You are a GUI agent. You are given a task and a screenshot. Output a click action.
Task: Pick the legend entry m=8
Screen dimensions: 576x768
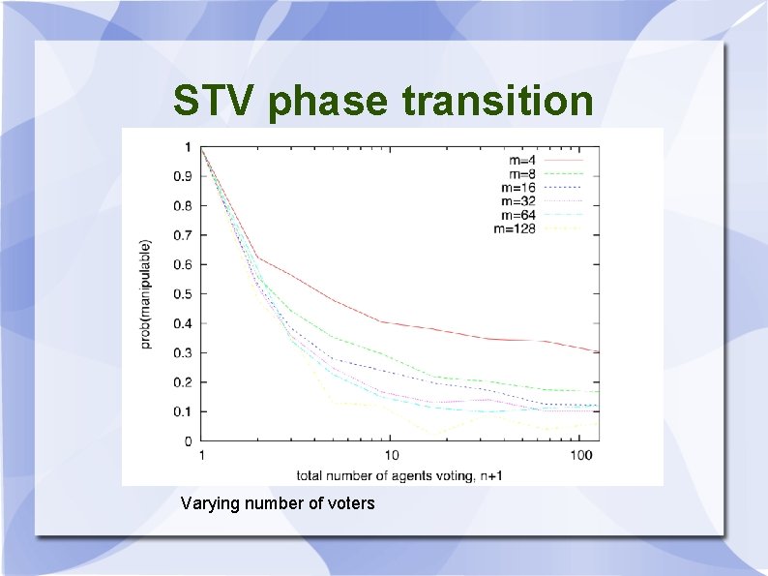click(523, 173)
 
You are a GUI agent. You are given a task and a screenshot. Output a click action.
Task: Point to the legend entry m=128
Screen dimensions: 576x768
click(516, 228)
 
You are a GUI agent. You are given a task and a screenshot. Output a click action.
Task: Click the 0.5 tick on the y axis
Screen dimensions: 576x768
click(181, 294)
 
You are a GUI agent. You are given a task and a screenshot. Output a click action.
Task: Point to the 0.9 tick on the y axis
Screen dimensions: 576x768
click(181, 176)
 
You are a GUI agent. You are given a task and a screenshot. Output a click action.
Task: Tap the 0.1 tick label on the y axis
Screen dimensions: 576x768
click(181, 411)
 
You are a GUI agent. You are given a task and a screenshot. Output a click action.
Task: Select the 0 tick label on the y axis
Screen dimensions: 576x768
click(187, 441)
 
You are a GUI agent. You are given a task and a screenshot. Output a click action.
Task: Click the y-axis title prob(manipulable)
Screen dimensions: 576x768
click(146, 293)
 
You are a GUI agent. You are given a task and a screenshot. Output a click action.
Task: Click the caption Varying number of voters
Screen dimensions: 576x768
click(278, 503)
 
